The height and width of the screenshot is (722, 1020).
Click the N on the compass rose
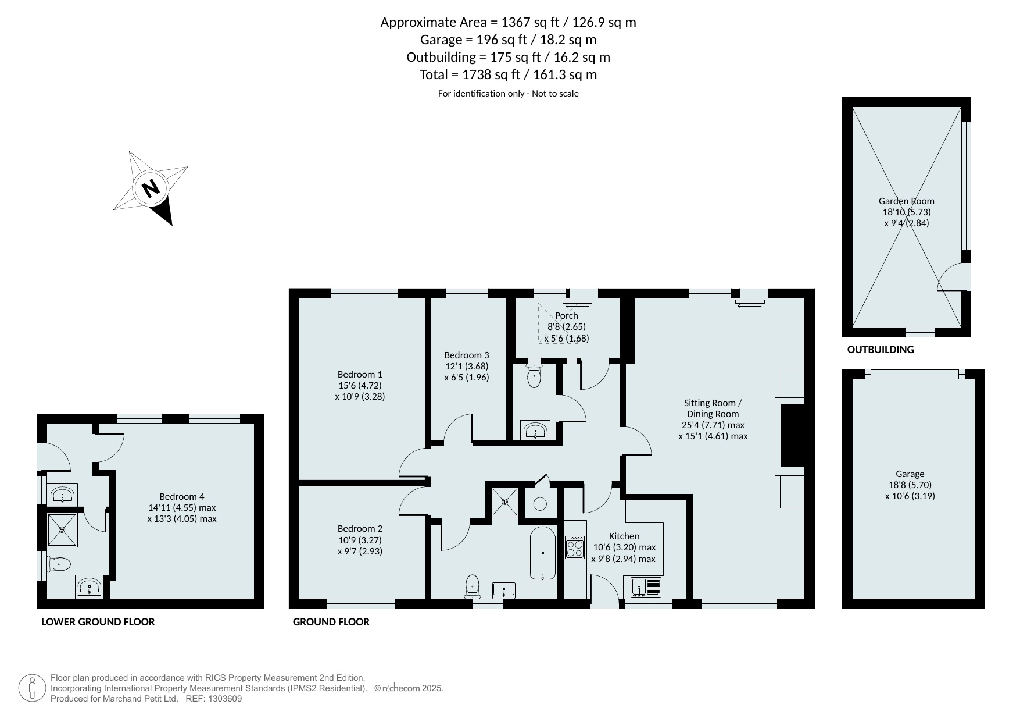[x=151, y=188]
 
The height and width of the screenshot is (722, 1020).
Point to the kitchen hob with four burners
[x=575, y=547]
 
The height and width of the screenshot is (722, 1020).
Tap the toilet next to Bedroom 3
[x=534, y=375]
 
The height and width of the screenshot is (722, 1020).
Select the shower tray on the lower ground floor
[x=62, y=529]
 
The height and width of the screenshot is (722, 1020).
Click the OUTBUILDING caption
[x=880, y=350]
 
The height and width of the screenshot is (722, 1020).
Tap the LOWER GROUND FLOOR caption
[x=98, y=622]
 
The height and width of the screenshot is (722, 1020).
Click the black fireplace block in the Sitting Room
[x=793, y=435]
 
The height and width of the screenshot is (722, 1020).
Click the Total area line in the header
[x=509, y=74]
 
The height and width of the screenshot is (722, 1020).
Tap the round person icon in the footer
[x=32, y=688]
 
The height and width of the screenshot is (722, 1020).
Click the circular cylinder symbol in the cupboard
[x=540, y=504]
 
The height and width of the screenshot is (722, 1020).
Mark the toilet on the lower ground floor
[x=59, y=564]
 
